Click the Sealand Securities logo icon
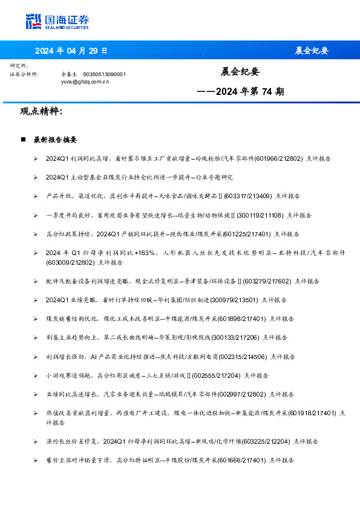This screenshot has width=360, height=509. tap(33, 22)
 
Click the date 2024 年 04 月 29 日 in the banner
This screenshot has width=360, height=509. tap(71, 51)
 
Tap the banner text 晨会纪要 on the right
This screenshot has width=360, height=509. tap(312, 51)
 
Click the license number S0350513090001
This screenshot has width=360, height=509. tap(103, 74)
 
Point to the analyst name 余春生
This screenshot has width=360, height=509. tap(68, 74)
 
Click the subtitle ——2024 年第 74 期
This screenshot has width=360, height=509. tap(241, 92)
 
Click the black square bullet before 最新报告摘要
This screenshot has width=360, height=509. tap(23, 140)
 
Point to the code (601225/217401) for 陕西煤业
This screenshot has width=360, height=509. tap(247, 233)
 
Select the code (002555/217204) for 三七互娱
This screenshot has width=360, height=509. tap(217, 375)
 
